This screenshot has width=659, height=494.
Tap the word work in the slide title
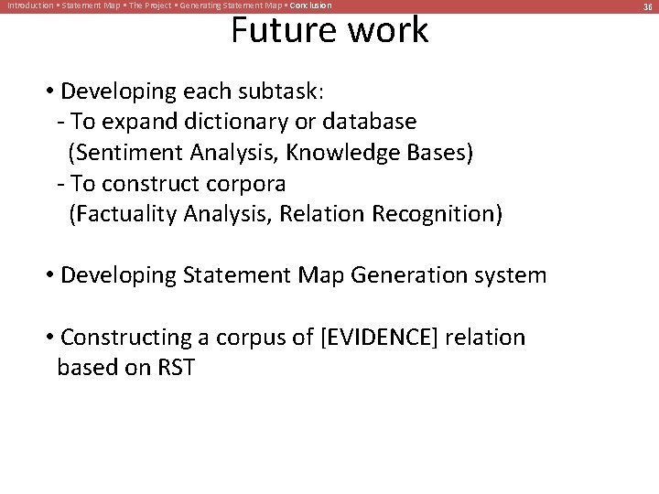[384, 30]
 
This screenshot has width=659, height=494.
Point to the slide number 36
[645, 6]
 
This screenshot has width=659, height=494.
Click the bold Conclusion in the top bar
[311, 6]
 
